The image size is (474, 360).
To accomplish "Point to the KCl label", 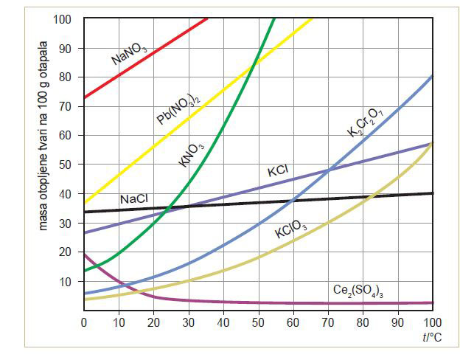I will pyautogui.click(x=277, y=172).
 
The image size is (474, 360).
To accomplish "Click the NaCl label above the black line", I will pyautogui.click(x=133, y=199).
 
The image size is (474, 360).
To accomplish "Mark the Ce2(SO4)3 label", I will pyautogui.click(x=359, y=291).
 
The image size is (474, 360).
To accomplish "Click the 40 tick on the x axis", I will pyautogui.click(x=223, y=322).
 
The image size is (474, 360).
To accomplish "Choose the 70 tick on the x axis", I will pyautogui.click(x=328, y=322).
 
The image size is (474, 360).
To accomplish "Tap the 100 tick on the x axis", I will pyautogui.click(x=432, y=322).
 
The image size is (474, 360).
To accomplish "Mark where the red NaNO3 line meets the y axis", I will pyautogui.click(x=84, y=97).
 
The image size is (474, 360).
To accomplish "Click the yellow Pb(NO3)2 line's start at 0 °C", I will pyautogui.click(x=84, y=203).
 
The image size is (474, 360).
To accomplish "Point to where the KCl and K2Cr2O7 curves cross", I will pyautogui.click(x=328, y=170).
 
